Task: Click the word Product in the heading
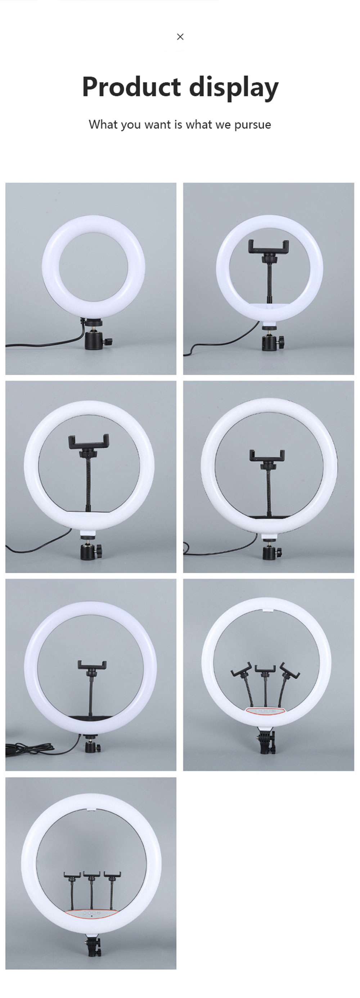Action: pos(131,87)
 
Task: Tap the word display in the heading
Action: pos(234,87)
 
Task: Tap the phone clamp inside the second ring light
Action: pos(269,247)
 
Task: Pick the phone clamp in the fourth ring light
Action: pos(267,456)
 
